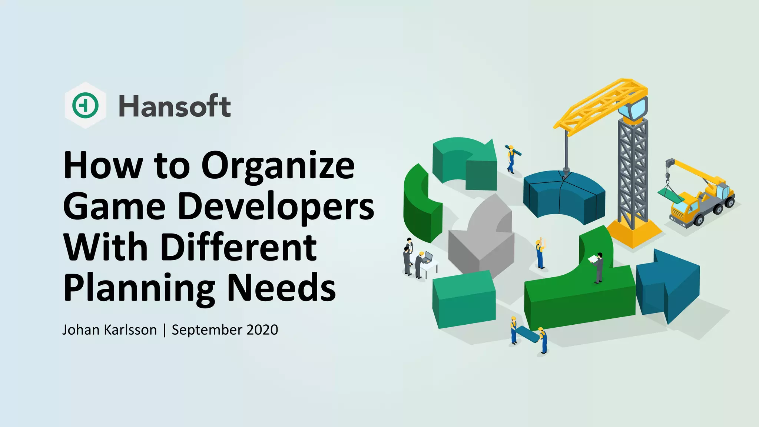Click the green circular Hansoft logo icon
point(86,105)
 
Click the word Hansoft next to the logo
point(175,106)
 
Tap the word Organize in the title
point(278,166)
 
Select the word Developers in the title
point(276,206)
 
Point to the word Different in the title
point(239,247)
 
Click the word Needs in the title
point(281,288)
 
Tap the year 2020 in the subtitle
point(262,330)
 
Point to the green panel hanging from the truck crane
point(671,195)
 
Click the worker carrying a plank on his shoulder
point(511,159)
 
